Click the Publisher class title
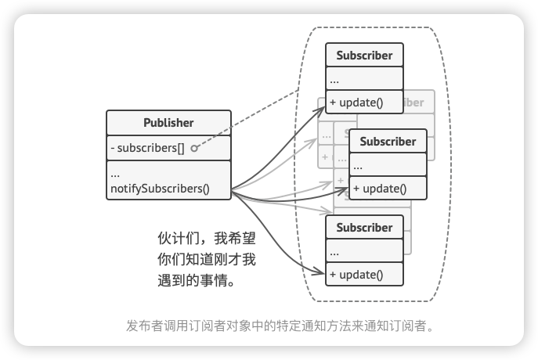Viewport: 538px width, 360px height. pos(168,123)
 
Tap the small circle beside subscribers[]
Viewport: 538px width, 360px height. pos(193,148)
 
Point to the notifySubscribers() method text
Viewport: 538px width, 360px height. pos(160,189)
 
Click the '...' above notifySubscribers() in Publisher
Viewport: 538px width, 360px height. pos(115,173)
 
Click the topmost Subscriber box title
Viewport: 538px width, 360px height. pos(364,56)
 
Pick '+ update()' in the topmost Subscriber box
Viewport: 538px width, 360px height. pos(356,103)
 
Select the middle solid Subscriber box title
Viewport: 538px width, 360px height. pos(388,142)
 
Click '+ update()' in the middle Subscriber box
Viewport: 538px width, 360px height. pos(380,189)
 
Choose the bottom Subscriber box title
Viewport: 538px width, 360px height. pos(364,228)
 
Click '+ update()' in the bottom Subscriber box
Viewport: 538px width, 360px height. pos(356,275)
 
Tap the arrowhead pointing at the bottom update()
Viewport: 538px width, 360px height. pos(321,273)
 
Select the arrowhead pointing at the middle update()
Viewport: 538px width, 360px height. pos(345,189)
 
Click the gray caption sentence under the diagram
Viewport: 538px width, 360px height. pos(279,325)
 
